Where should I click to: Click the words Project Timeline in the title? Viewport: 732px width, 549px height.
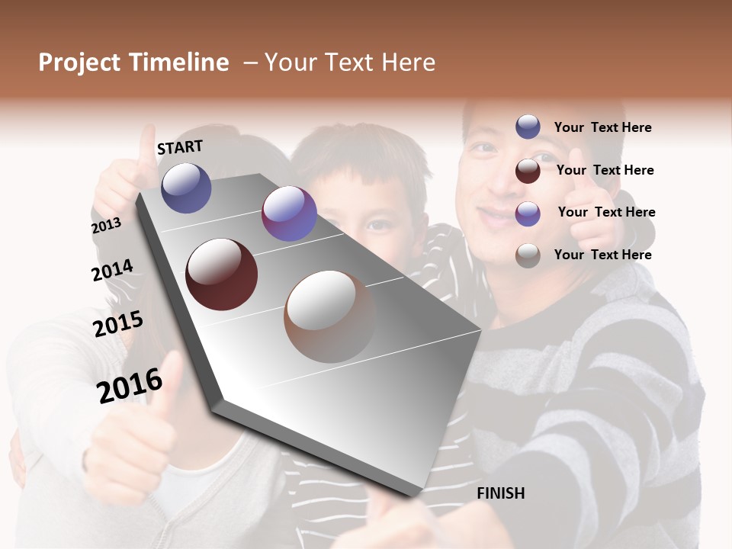(x=133, y=63)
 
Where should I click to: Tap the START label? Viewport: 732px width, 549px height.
(x=180, y=147)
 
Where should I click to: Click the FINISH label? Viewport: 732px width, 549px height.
(x=501, y=493)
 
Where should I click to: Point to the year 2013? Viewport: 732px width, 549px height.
(x=106, y=226)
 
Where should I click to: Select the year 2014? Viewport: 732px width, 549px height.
(x=112, y=270)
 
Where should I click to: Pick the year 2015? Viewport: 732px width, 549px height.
(x=118, y=324)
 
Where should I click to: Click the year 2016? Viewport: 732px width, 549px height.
(x=130, y=386)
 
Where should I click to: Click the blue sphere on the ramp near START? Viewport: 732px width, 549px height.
(x=186, y=188)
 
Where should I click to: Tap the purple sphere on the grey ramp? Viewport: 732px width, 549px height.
(x=289, y=213)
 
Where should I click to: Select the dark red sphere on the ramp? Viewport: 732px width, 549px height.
(x=222, y=274)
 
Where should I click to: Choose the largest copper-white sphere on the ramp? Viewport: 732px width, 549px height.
(x=330, y=316)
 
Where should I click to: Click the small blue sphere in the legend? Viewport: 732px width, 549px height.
(x=528, y=127)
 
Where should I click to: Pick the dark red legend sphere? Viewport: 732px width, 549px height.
(x=528, y=171)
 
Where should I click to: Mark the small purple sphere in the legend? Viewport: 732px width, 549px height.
(x=528, y=213)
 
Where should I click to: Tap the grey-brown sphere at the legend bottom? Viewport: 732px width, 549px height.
(x=528, y=255)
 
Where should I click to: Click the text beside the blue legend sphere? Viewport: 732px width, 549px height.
(x=602, y=127)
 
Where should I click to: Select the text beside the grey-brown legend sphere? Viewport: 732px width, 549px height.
(x=602, y=255)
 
